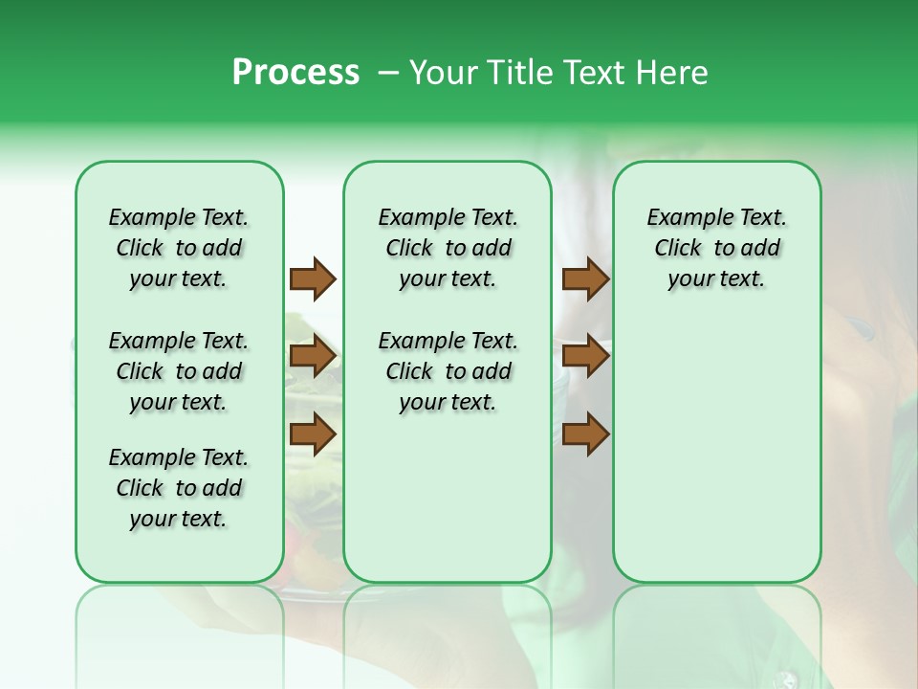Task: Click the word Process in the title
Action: (x=295, y=73)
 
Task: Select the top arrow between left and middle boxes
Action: (x=313, y=278)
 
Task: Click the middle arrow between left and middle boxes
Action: (x=313, y=357)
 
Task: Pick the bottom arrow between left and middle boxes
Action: (x=313, y=434)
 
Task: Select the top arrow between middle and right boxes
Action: (x=585, y=278)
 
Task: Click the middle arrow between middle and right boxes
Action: (x=585, y=357)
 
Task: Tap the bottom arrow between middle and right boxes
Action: (x=585, y=434)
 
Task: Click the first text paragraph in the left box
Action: (x=179, y=248)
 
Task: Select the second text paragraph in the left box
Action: (x=179, y=371)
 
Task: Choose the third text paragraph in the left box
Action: (x=179, y=488)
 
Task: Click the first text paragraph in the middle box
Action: (x=448, y=248)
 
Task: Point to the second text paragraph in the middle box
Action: (x=448, y=371)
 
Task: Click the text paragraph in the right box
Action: (x=716, y=248)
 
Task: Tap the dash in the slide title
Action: (x=388, y=73)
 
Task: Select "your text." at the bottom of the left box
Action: (x=179, y=519)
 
